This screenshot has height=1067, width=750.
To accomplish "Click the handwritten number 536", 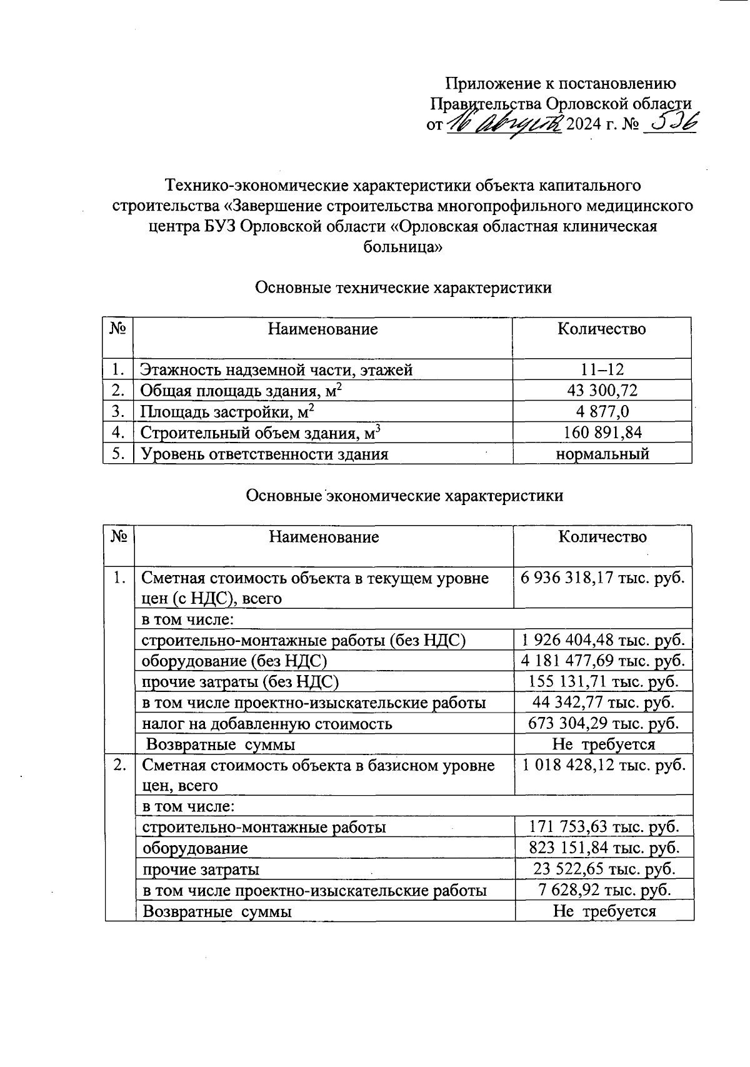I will (x=670, y=123).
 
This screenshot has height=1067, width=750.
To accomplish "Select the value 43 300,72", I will (x=602, y=391).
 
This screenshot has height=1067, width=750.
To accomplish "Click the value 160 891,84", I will (x=602, y=433).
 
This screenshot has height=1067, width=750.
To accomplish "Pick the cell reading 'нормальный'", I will (x=602, y=454).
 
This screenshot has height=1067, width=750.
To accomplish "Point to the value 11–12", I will (x=602, y=369).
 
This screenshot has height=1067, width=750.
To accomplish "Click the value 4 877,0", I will (x=602, y=411).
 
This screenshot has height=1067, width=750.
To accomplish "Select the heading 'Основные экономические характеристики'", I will (x=404, y=496).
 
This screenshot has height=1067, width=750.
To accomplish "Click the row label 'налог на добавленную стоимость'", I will (x=267, y=724).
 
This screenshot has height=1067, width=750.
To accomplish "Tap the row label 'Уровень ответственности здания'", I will (x=264, y=454).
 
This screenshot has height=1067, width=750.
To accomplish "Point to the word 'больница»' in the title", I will (x=402, y=247).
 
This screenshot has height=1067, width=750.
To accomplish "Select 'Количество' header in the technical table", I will (x=601, y=329).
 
